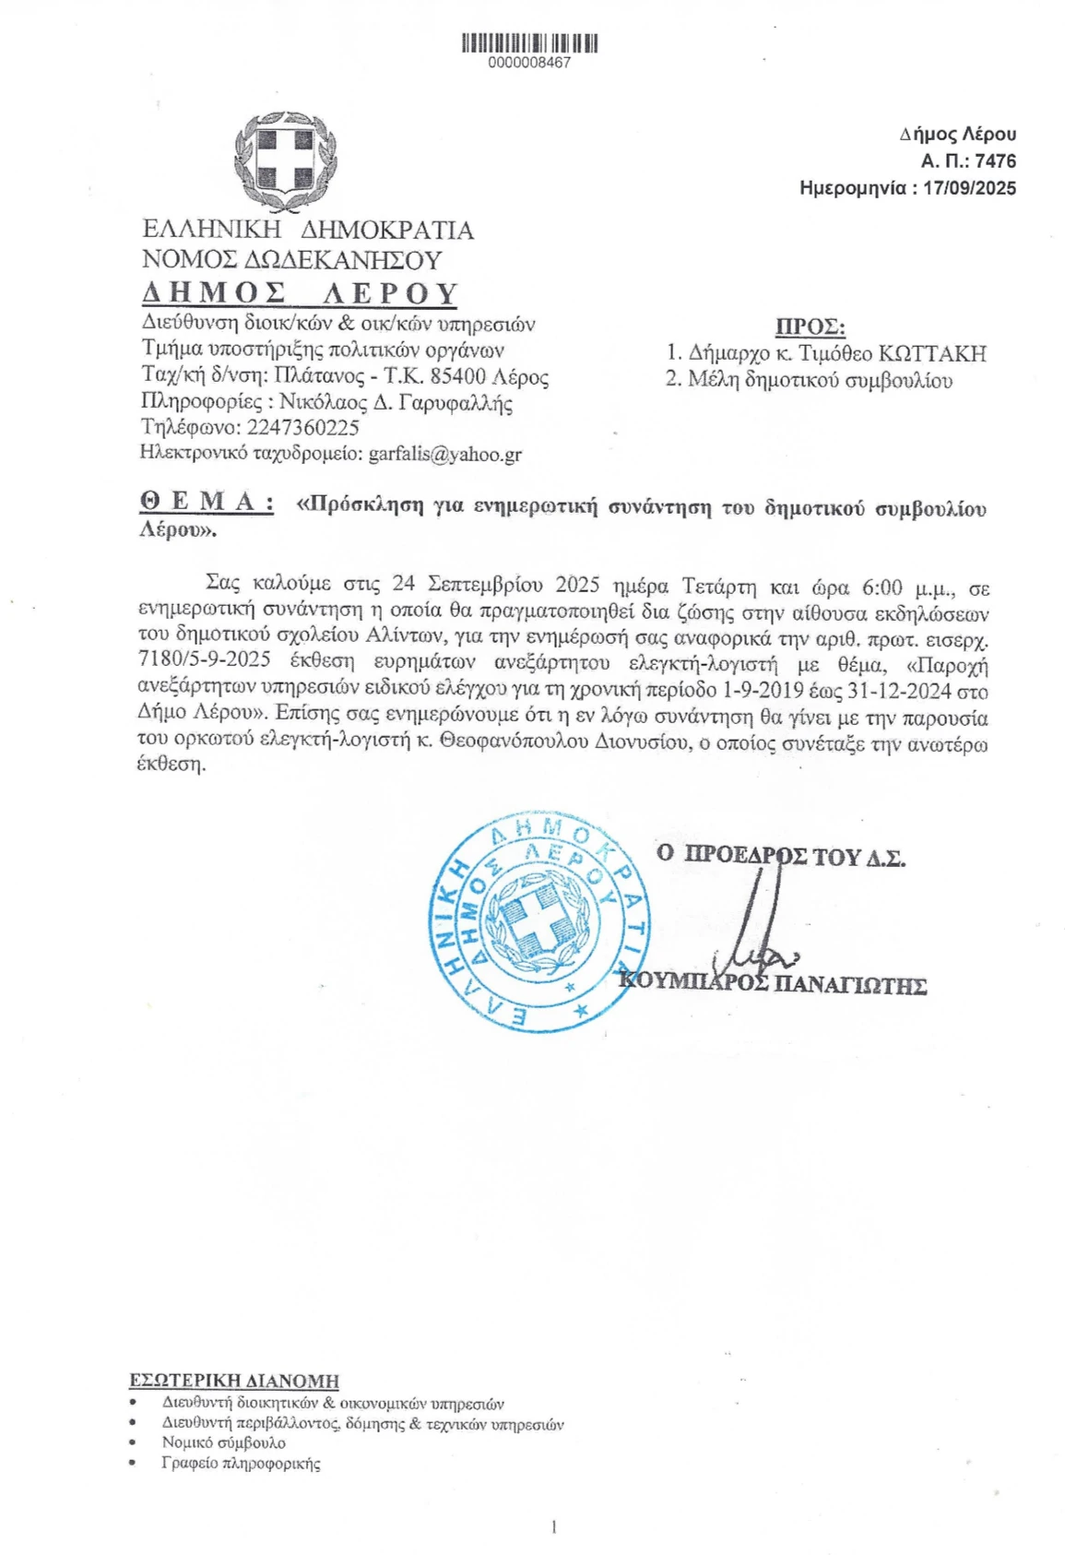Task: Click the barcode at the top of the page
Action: pyautogui.click(x=529, y=43)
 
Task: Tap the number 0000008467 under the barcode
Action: pyautogui.click(x=529, y=63)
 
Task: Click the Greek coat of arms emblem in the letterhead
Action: pyautogui.click(x=285, y=160)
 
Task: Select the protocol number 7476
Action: pyautogui.click(x=995, y=161)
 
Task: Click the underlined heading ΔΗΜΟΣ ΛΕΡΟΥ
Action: pyautogui.click(x=300, y=292)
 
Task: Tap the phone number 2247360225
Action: pyautogui.click(x=303, y=428)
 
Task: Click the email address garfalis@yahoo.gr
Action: pyautogui.click(x=445, y=454)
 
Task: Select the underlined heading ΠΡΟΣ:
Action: pyautogui.click(x=810, y=326)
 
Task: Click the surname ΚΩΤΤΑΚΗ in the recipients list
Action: pyautogui.click(x=932, y=353)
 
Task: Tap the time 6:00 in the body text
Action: pyautogui.click(x=882, y=587)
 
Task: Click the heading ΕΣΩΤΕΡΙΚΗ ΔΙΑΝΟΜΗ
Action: pyautogui.click(x=234, y=1381)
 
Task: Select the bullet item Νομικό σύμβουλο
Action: pyautogui.click(x=224, y=1442)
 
